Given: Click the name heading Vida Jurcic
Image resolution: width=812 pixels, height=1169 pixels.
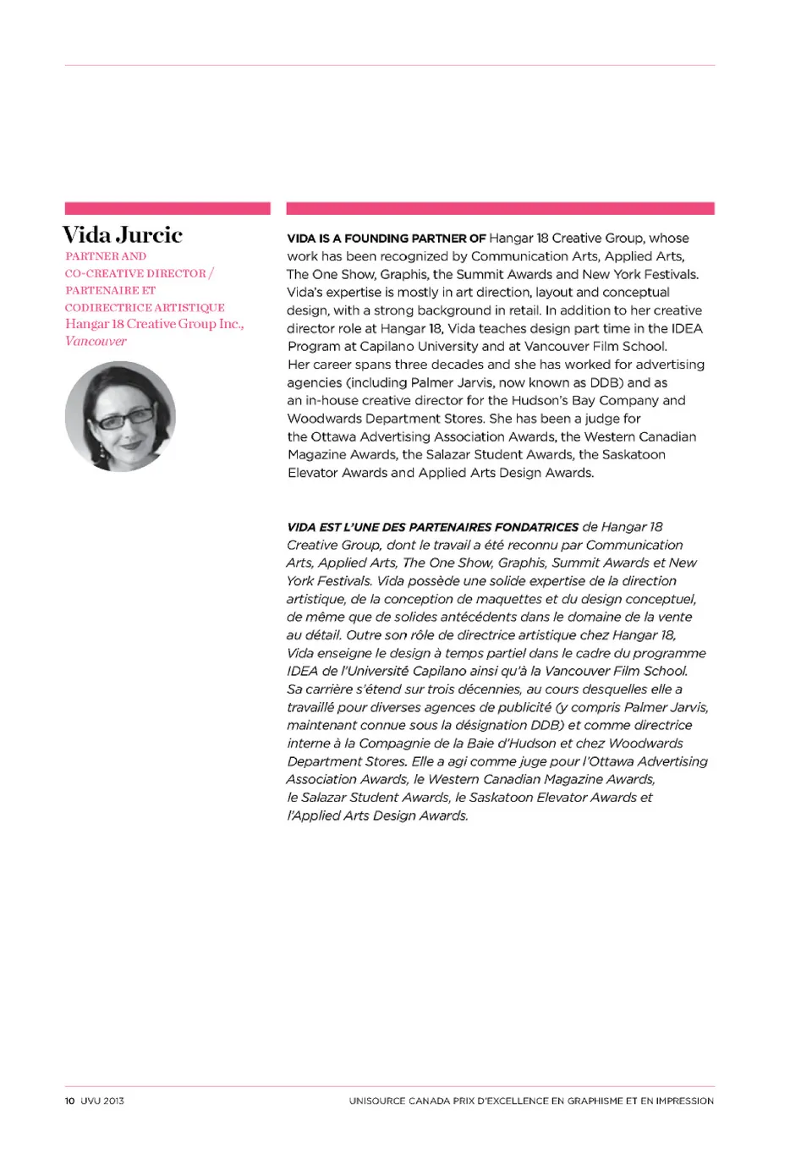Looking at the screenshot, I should pyautogui.click(x=123, y=235).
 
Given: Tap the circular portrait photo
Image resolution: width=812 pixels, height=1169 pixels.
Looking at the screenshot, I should pyautogui.click(x=120, y=416).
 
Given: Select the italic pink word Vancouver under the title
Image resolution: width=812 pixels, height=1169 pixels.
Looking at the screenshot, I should pyautogui.click(x=96, y=342).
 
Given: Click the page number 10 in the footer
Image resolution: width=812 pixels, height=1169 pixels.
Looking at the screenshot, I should pyautogui.click(x=69, y=1100).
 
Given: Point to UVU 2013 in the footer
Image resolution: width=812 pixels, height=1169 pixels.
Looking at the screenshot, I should pyautogui.click(x=102, y=1100).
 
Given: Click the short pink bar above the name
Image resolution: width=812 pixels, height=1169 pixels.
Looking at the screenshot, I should pyautogui.click(x=167, y=208).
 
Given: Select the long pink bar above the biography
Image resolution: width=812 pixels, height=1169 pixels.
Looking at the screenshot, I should pyautogui.click(x=500, y=208).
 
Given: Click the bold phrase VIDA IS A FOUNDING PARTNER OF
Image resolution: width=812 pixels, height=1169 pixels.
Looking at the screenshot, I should pyautogui.click(x=387, y=239).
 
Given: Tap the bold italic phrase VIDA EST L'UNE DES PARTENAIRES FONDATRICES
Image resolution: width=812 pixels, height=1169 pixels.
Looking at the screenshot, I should pyautogui.click(x=432, y=527).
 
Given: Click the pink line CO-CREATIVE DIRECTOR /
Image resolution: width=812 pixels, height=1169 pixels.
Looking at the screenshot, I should pyautogui.click(x=140, y=273).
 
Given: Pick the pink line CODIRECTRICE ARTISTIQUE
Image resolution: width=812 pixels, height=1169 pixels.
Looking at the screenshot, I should pyautogui.click(x=145, y=308).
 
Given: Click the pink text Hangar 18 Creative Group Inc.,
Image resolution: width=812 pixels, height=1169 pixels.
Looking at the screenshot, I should pyautogui.click(x=155, y=324).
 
